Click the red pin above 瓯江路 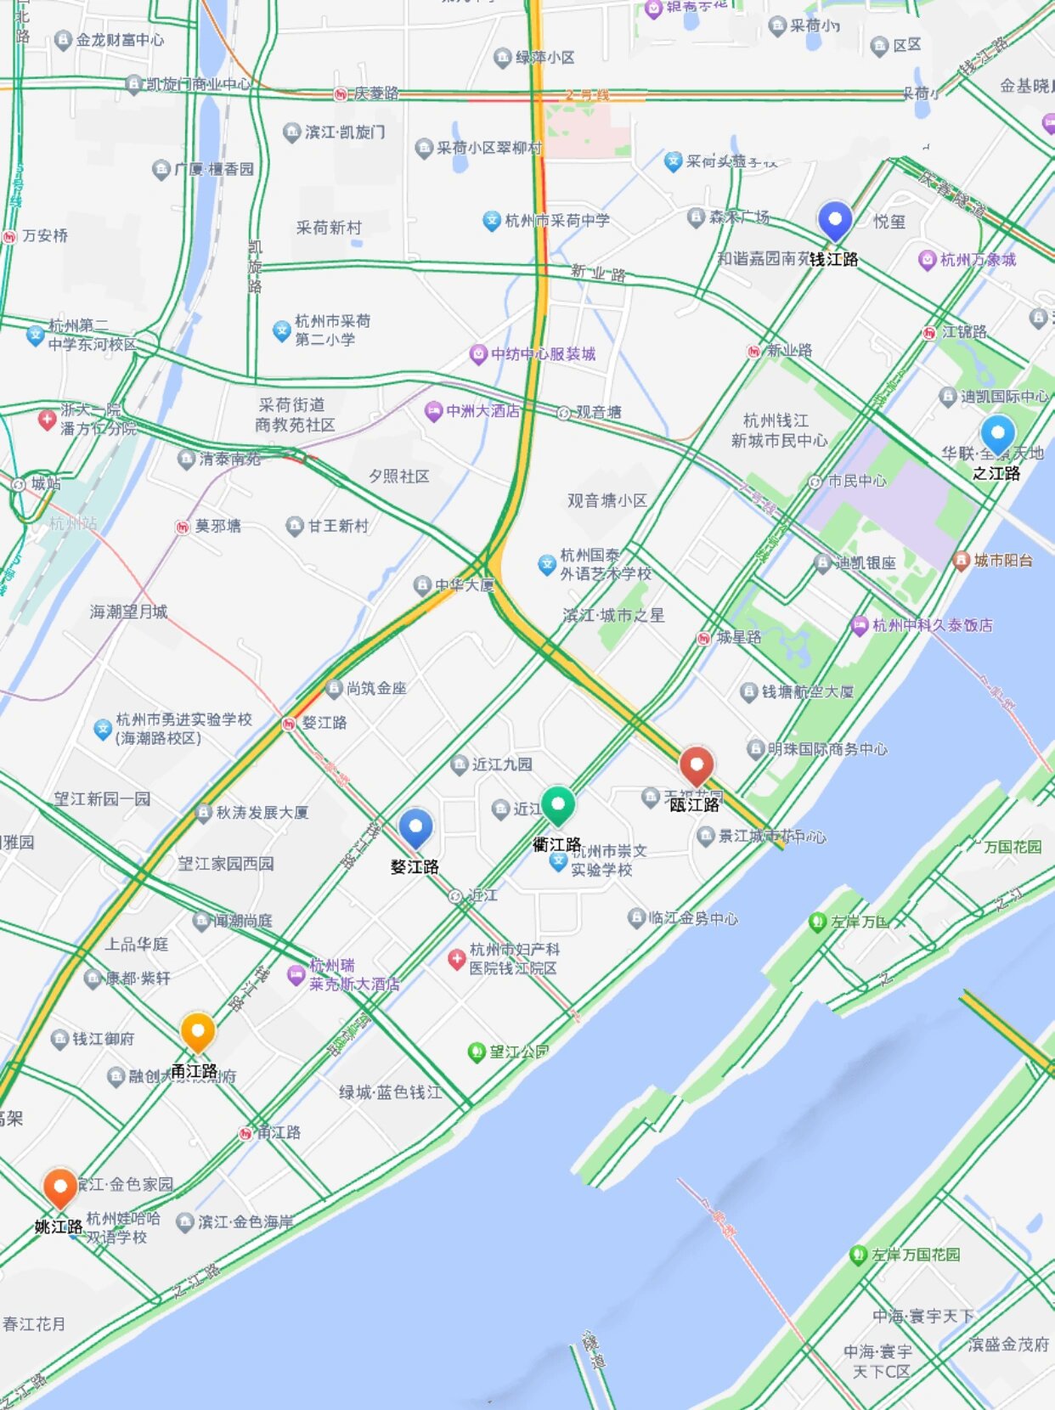tap(696, 765)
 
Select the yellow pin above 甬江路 tap(197, 1032)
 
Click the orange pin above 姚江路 tap(59, 1187)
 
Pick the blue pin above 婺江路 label tap(415, 826)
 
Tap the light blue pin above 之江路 tap(997, 433)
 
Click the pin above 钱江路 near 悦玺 tap(834, 220)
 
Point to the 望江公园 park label tap(518, 1052)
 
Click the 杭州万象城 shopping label tap(977, 260)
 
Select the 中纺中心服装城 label tap(543, 354)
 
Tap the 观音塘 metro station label tap(598, 413)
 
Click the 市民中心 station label tap(856, 482)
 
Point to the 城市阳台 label tap(1002, 561)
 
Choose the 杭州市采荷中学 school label tap(556, 221)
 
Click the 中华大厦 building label tap(464, 585)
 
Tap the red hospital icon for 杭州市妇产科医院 tap(456, 959)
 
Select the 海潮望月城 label tap(128, 612)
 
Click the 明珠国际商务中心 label tap(827, 749)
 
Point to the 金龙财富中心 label tap(120, 40)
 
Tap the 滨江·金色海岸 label tap(245, 1222)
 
